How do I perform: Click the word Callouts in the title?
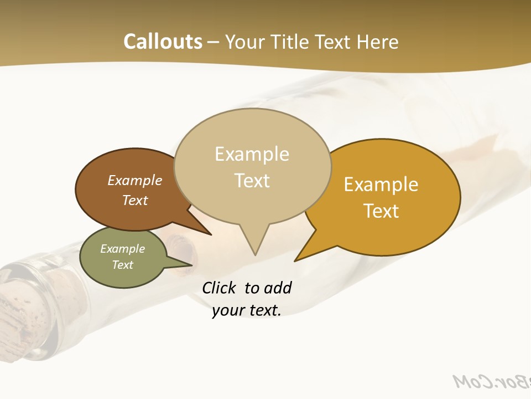click(163, 42)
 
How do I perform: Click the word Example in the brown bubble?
click(134, 180)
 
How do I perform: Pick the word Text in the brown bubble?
click(134, 200)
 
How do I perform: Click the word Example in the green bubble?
click(122, 249)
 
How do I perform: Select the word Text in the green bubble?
click(122, 265)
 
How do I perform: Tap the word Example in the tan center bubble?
click(252, 154)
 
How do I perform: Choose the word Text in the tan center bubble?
click(252, 180)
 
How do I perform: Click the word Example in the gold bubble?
click(381, 185)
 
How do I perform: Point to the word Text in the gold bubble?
click(381, 211)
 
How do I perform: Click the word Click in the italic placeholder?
click(219, 288)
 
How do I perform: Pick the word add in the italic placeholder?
click(277, 288)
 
